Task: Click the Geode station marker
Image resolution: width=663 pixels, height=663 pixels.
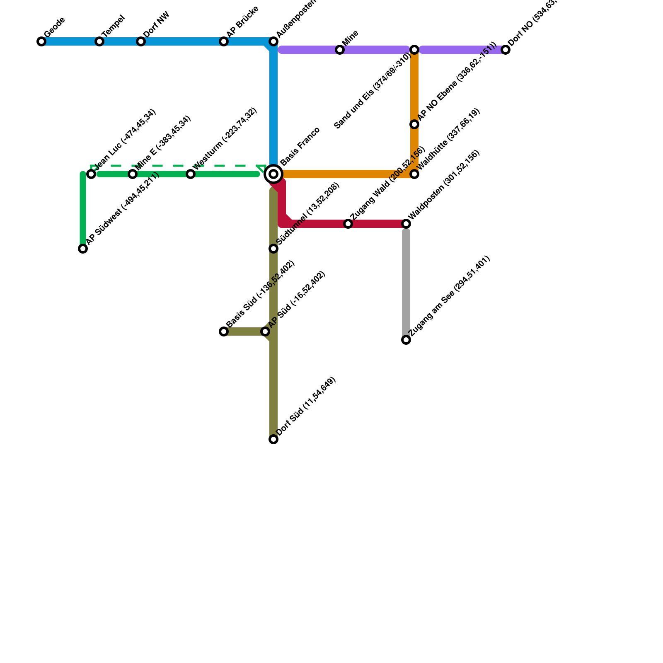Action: click(x=41, y=41)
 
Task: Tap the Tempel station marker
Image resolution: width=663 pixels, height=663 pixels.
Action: click(x=99, y=41)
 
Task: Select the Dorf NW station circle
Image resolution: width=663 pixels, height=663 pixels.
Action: click(x=141, y=41)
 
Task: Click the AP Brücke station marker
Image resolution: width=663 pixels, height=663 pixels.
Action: click(x=224, y=41)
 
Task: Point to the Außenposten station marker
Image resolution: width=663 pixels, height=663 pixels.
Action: click(x=273, y=41)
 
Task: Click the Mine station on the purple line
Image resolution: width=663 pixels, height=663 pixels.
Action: click(x=340, y=50)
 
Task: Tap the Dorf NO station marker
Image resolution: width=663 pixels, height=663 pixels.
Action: click(x=506, y=50)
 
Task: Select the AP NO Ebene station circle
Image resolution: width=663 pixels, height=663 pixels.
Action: click(x=414, y=124)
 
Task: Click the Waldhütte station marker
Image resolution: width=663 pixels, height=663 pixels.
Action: click(x=414, y=174)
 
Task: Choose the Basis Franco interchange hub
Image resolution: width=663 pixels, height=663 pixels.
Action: click(x=273, y=174)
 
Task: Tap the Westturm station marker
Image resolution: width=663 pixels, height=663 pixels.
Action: click(x=191, y=174)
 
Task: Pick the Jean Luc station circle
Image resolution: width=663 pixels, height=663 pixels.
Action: click(x=91, y=174)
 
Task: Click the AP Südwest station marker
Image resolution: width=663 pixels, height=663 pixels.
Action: click(x=83, y=249)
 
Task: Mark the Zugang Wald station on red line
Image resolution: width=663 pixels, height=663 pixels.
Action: click(x=348, y=224)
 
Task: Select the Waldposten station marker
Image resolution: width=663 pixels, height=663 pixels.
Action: click(x=406, y=224)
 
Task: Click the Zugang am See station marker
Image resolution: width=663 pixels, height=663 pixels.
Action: click(x=406, y=340)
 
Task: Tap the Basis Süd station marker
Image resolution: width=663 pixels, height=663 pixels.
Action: click(x=224, y=331)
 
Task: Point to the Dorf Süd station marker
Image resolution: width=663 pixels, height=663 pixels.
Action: click(x=273, y=439)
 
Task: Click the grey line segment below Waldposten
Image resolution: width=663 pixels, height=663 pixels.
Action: click(x=406, y=282)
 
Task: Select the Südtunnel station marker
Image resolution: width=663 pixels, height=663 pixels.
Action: click(x=273, y=249)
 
